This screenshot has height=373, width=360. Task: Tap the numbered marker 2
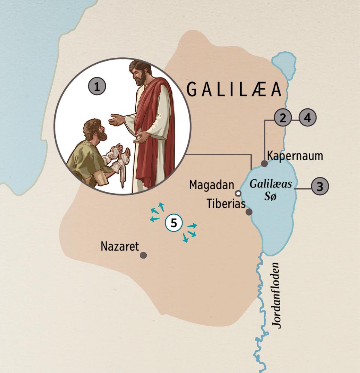point(282,118)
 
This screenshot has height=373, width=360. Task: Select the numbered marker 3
point(320,186)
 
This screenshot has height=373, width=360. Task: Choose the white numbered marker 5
point(174,223)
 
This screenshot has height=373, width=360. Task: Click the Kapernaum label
point(295,156)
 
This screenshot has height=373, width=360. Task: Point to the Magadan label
point(211,185)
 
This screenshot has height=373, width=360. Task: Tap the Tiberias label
point(226,204)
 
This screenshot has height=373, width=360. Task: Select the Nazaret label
point(120,246)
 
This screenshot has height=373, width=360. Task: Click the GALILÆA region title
point(234,89)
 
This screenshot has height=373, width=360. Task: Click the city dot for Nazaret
point(144,255)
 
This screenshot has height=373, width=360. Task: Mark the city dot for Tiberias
point(249,212)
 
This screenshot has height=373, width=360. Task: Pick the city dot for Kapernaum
point(264,164)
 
